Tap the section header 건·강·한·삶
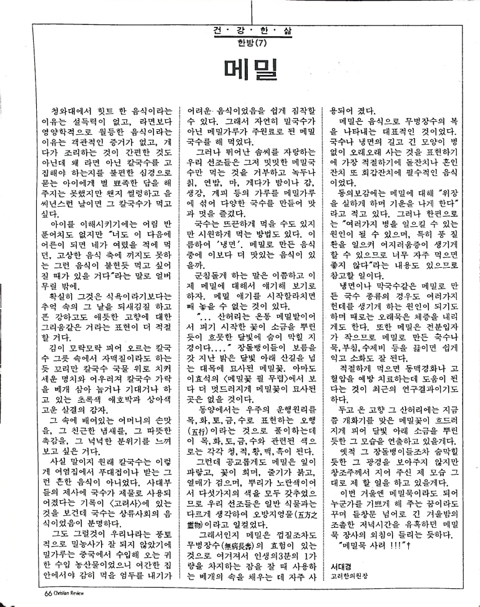239,29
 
